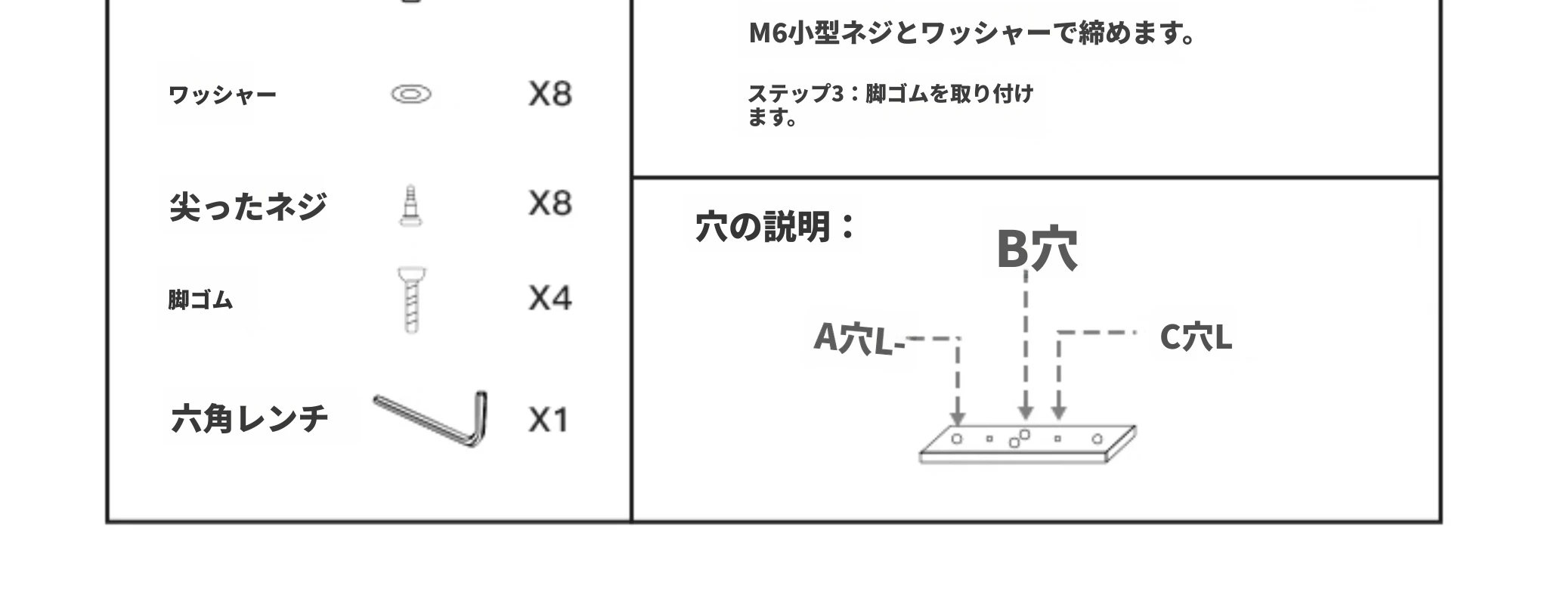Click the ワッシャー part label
[x=222, y=95]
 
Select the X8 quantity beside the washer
[x=550, y=94]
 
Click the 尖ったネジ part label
[x=248, y=206]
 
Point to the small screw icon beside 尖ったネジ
[x=410, y=206]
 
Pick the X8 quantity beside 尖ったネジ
[x=550, y=203]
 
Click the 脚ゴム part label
[x=200, y=299]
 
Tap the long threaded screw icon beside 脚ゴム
[x=410, y=300]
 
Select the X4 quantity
[x=550, y=298]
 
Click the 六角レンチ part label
[x=249, y=417]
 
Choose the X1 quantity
[x=548, y=420]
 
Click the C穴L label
[x=1196, y=337]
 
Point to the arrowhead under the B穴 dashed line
[x=1025, y=411]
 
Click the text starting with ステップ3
[x=890, y=105]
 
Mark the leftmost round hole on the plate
[x=956, y=439]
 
